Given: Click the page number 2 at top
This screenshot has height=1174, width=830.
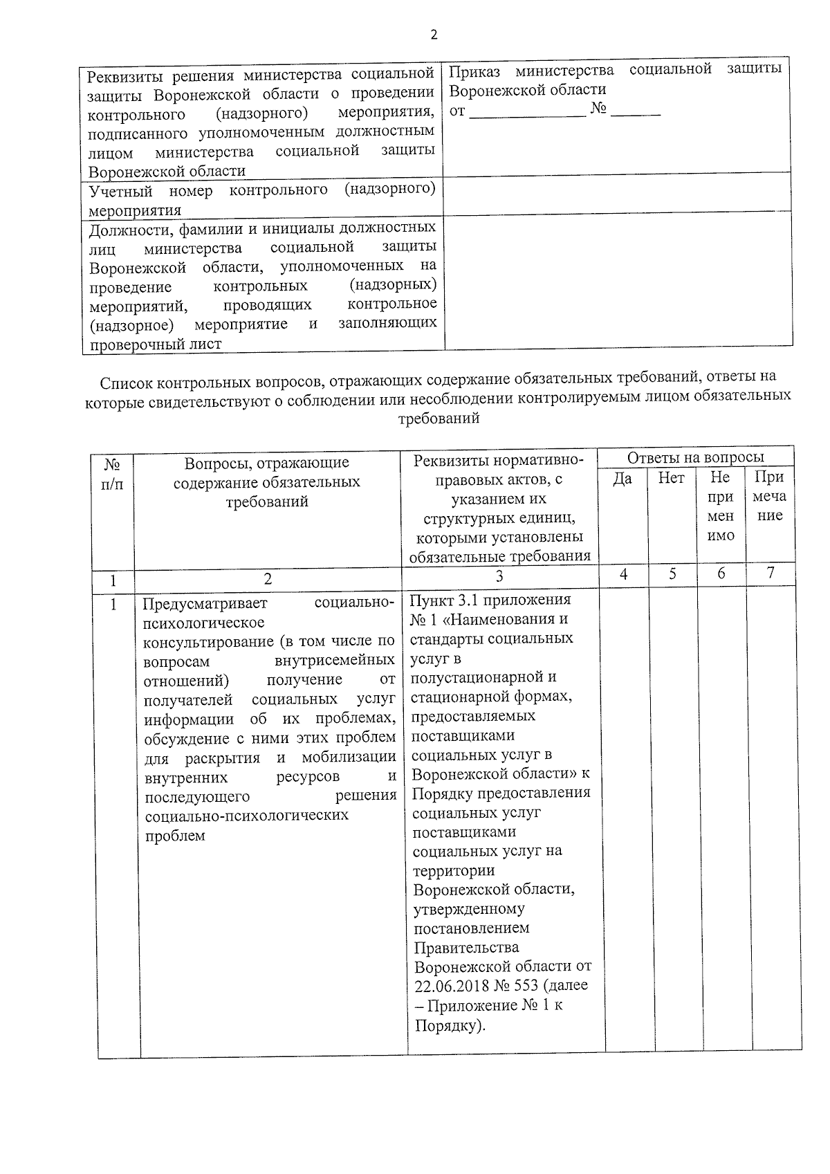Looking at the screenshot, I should [434, 35].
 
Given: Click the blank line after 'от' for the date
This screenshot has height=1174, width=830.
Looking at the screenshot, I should [527, 112].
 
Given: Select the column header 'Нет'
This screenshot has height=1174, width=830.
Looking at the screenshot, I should [671, 478].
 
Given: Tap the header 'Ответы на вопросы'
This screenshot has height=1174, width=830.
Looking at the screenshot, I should [695, 457].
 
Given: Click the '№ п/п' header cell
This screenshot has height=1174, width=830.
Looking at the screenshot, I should [112, 474].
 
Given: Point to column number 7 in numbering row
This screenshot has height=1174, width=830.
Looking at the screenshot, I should [771, 573].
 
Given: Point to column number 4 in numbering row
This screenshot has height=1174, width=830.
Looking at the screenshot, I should [623, 574].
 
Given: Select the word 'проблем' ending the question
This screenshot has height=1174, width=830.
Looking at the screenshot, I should [175, 836].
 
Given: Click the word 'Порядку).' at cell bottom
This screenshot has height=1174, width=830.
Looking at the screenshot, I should [450, 1025].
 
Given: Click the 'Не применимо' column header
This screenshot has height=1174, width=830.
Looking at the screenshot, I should [721, 506].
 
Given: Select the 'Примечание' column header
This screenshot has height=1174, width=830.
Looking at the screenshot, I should [769, 496].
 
